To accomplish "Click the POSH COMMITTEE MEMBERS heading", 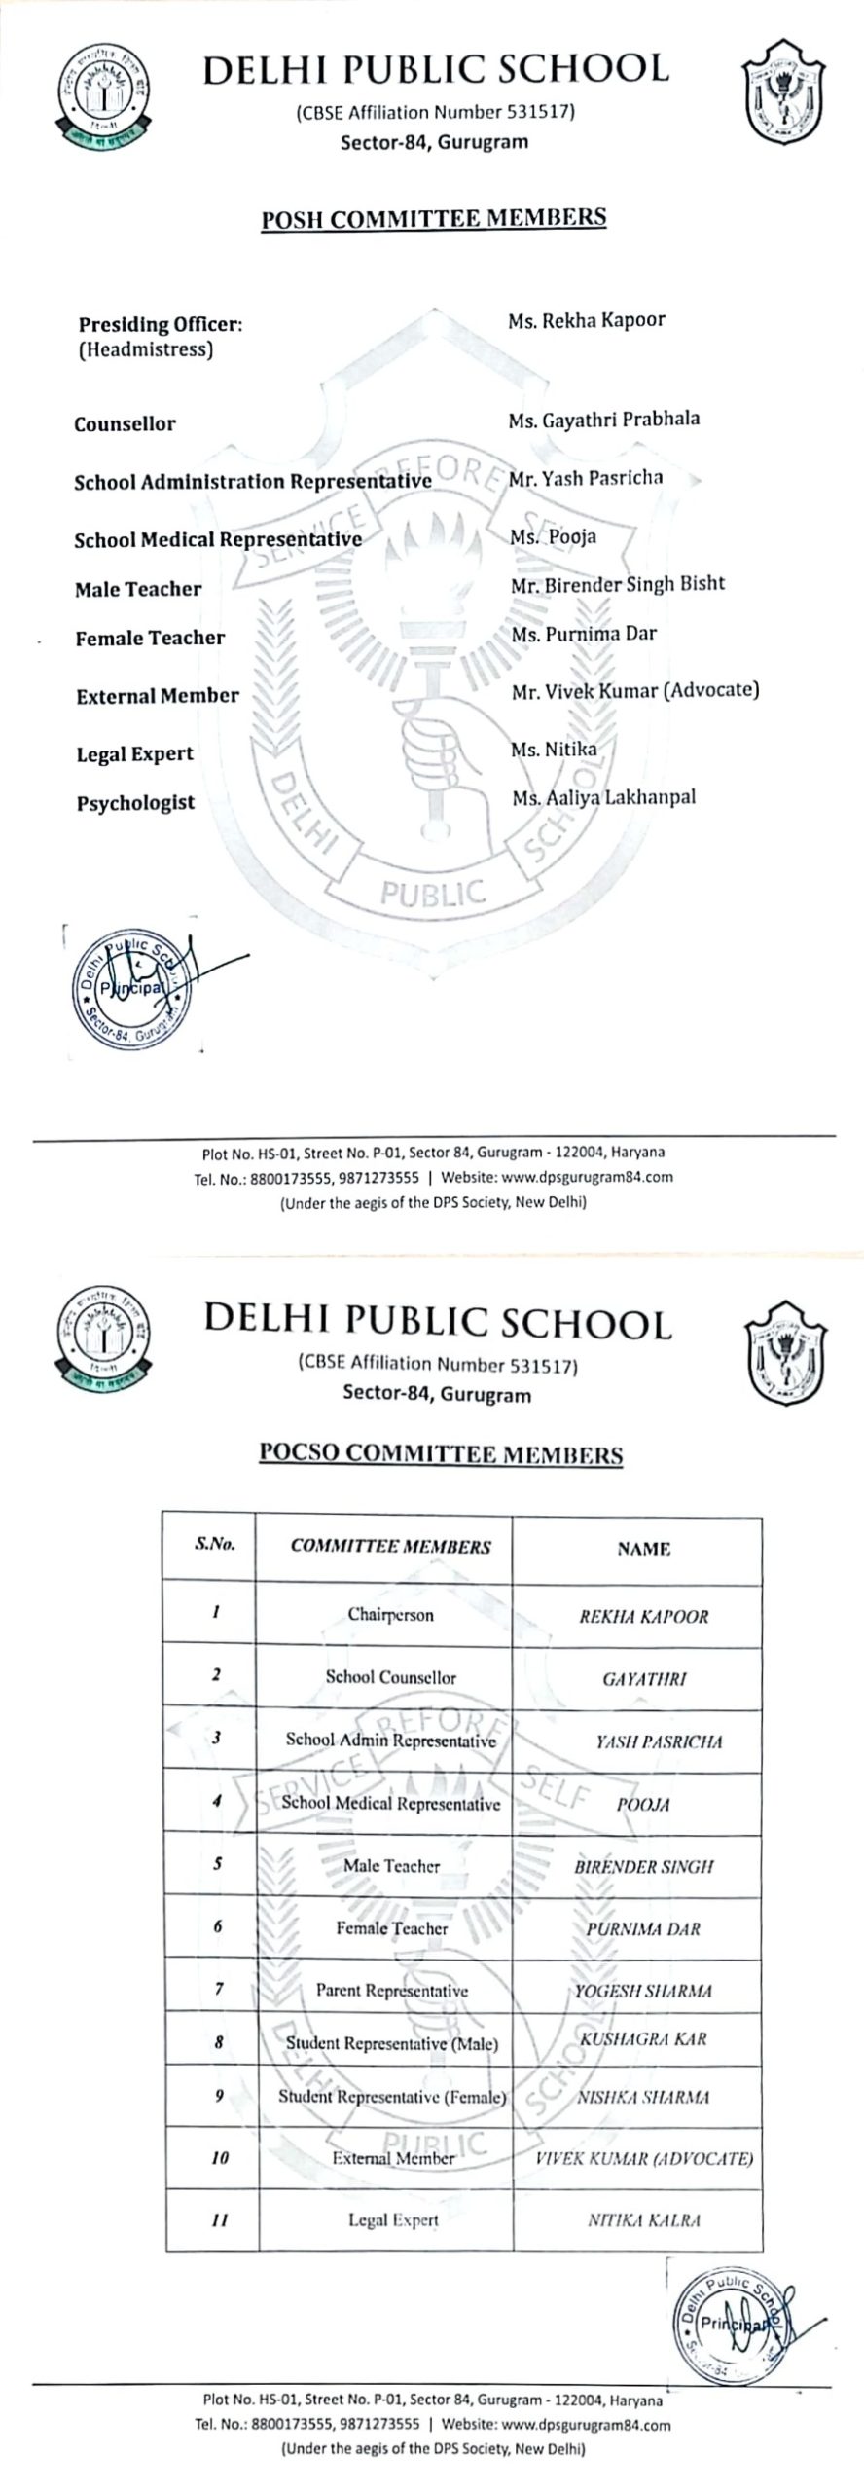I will (x=433, y=218).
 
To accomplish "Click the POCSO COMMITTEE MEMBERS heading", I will (x=440, y=1453).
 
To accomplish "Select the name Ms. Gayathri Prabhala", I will (x=603, y=421).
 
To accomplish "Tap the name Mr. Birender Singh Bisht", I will (x=618, y=584).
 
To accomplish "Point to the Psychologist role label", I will (x=135, y=803).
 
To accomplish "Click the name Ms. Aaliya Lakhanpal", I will (x=603, y=798).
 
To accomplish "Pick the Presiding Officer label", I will (x=160, y=325).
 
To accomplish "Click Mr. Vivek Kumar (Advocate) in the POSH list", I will (x=635, y=691).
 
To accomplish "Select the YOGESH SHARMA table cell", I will (x=642, y=1991).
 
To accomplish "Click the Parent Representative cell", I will (x=391, y=1991).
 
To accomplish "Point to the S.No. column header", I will (x=214, y=1544).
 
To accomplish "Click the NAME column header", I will (x=643, y=1549).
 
